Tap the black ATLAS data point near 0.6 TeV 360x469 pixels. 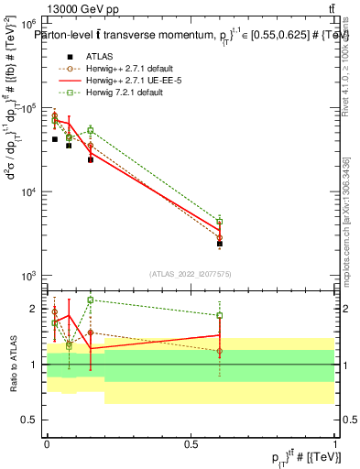(220, 244)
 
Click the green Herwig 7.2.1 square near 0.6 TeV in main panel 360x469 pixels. (220, 222)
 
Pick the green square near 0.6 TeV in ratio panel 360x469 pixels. (220, 316)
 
